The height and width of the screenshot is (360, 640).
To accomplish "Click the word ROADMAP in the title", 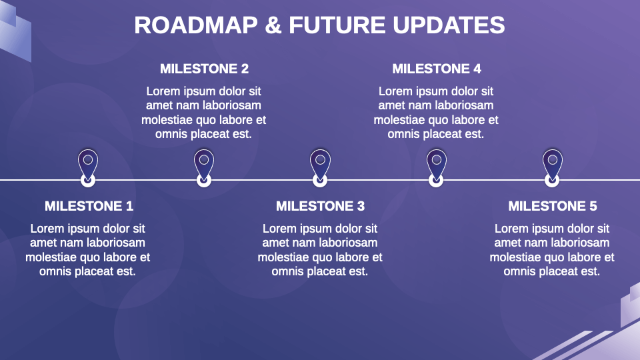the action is click(x=196, y=25).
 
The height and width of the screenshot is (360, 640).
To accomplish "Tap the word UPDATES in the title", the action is click(x=449, y=25).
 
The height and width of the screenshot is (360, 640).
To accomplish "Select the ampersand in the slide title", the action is click(x=273, y=25).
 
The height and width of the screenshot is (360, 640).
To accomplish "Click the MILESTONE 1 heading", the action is click(x=89, y=206).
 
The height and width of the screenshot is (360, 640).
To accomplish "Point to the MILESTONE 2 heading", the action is click(x=204, y=69).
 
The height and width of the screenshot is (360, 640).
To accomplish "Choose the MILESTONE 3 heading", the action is click(x=320, y=206).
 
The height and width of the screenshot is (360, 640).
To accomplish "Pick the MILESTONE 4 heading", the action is click(x=436, y=69).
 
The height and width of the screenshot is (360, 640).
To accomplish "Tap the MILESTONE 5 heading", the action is click(x=552, y=206).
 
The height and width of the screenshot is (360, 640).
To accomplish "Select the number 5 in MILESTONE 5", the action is click(x=593, y=206).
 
